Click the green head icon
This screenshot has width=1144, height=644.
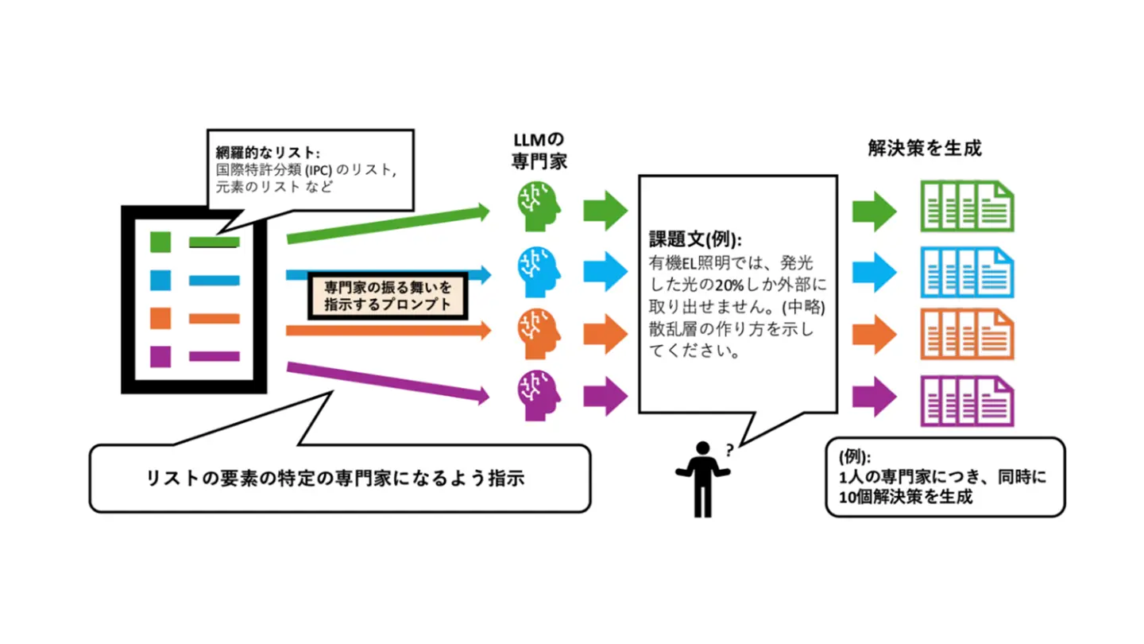(x=538, y=206)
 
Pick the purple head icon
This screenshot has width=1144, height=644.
(x=538, y=390)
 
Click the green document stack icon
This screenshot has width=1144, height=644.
(x=967, y=206)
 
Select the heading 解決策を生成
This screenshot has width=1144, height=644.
(x=925, y=148)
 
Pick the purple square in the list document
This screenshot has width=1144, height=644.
(x=160, y=356)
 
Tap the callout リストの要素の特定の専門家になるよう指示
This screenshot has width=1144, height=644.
(x=339, y=479)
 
